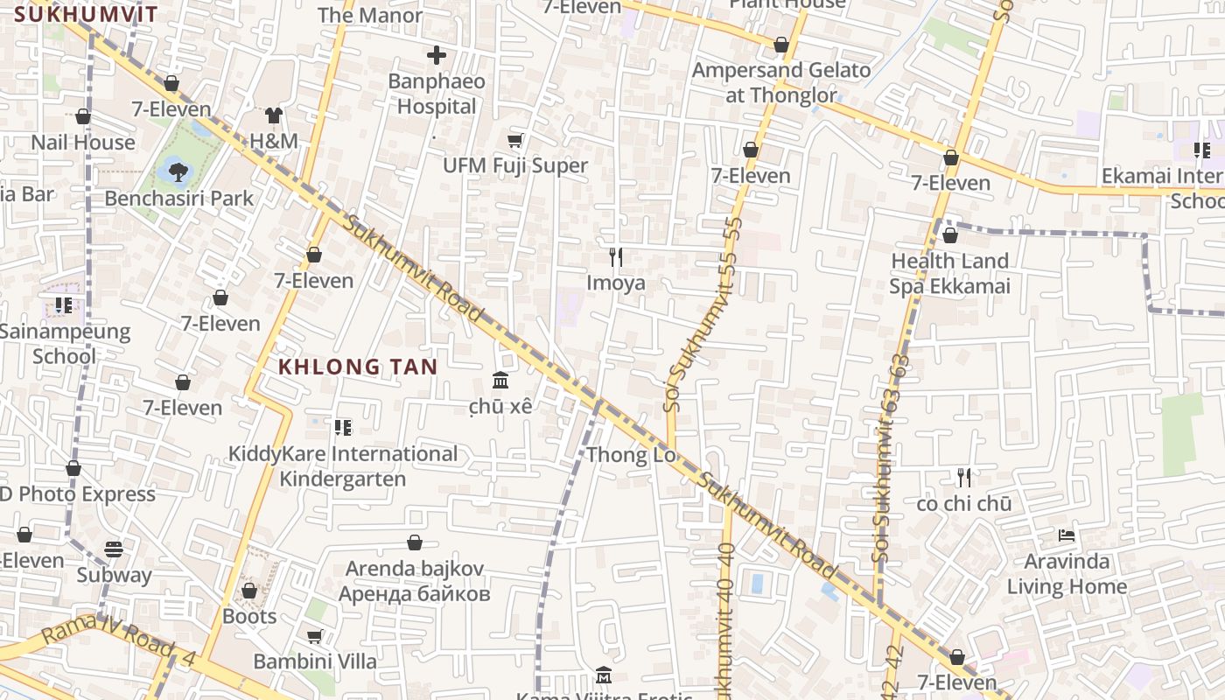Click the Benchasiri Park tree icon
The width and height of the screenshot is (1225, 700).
tap(178, 171)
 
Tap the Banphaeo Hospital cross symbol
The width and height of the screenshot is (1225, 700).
tap(436, 55)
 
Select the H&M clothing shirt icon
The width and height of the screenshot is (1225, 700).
tap(274, 115)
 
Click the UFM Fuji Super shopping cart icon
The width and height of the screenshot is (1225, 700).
tap(515, 140)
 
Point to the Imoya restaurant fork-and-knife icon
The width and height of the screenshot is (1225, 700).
tap(616, 256)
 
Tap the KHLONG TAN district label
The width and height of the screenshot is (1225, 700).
tap(358, 367)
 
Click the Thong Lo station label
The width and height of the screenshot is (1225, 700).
tap(631, 455)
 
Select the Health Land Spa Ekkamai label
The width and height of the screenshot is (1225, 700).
tap(949, 274)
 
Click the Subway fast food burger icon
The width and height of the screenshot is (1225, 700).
tap(114, 549)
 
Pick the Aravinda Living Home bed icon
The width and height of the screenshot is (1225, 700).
tap(1066, 535)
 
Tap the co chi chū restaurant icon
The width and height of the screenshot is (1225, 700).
tap(964, 478)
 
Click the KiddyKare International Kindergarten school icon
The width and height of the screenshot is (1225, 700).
tap(342, 427)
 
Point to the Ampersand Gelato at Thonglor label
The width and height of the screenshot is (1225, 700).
tap(781, 82)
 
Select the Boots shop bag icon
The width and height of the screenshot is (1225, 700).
tap(249, 591)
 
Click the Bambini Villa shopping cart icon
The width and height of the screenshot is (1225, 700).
tap(314, 636)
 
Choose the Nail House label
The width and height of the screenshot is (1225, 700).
tap(83, 142)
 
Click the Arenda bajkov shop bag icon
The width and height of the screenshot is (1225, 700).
tap(415, 542)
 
